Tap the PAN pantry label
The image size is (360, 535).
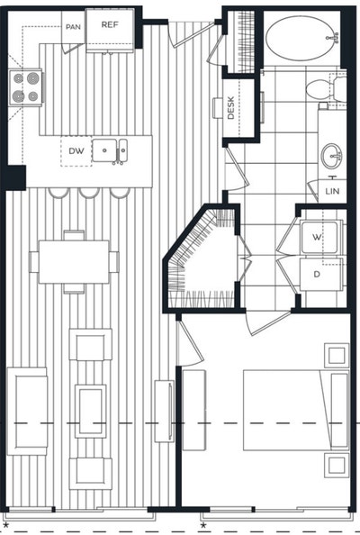pyautogui.click(x=74, y=27)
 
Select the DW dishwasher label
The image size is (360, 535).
pyautogui.click(x=76, y=151)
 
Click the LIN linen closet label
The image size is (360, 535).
pyautogui.click(x=333, y=191)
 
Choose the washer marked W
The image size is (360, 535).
pyautogui.click(x=318, y=238)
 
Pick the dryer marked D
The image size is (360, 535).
pyautogui.click(x=318, y=272)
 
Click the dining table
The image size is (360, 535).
pyautogui.click(x=74, y=261)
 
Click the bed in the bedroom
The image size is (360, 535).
pyautogui.click(x=292, y=411)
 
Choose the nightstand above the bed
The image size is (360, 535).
pyautogui.click(x=337, y=355)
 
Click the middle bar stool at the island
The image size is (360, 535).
pyautogui.click(x=88, y=192)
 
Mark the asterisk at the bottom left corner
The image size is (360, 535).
pyautogui.click(x=7, y=523)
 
